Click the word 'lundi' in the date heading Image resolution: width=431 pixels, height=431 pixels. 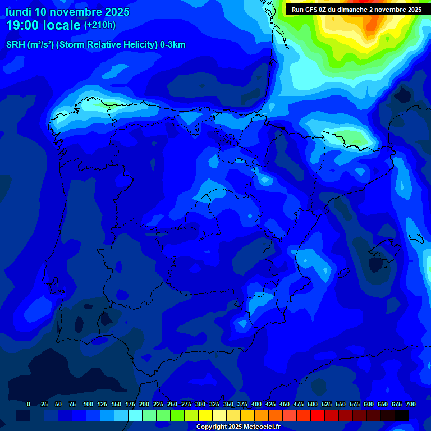[x=18, y=12]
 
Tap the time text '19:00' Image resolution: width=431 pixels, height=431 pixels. [x=25, y=26]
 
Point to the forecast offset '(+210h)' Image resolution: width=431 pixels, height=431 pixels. [x=100, y=25]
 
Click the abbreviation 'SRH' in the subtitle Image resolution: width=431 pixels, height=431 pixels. [x=16, y=45]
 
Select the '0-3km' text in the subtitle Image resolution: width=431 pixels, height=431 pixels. [x=173, y=45]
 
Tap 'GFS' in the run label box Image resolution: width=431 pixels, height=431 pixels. [x=313, y=10]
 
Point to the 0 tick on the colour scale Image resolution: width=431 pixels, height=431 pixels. [x=29, y=404]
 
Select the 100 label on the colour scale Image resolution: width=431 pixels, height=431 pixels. [x=88, y=404]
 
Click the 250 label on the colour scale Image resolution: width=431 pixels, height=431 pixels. [x=172, y=404]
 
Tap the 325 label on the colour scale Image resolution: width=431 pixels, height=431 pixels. [x=214, y=404]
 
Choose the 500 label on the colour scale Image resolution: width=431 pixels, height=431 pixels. [x=313, y=404]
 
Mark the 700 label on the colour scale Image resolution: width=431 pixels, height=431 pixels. [x=411, y=404]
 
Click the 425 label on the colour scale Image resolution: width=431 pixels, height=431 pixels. [x=270, y=404]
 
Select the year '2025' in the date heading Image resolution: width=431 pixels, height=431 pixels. [x=117, y=12]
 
